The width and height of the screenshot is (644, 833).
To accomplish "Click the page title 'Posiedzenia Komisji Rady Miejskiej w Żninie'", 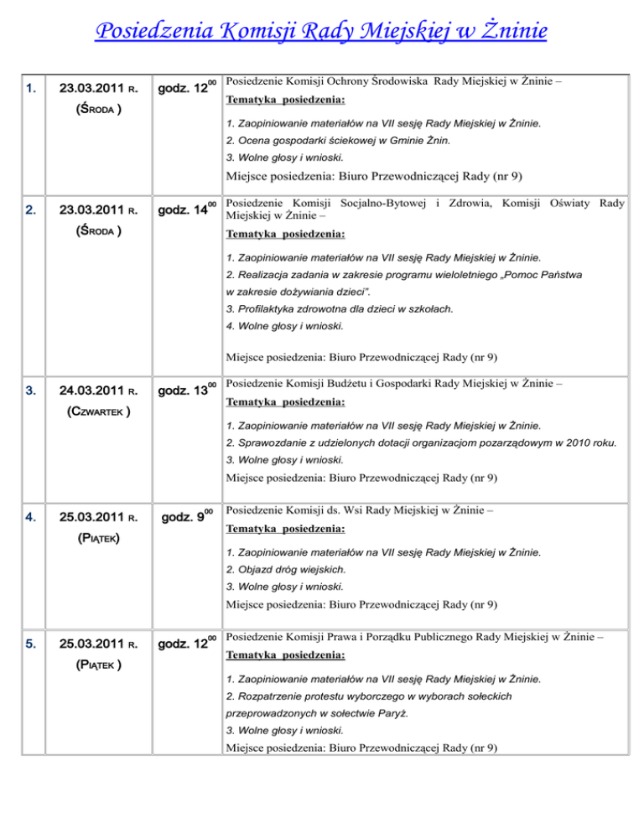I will tap(322, 33).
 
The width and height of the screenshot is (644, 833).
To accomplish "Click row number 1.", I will tap(30, 88).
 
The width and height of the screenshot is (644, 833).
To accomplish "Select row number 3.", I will tap(30, 391).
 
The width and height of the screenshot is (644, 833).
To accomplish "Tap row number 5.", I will tap(30, 646).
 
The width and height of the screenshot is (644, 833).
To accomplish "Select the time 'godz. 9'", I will tap(190, 520).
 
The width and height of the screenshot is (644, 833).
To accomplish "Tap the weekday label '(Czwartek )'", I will tap(91, 412).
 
